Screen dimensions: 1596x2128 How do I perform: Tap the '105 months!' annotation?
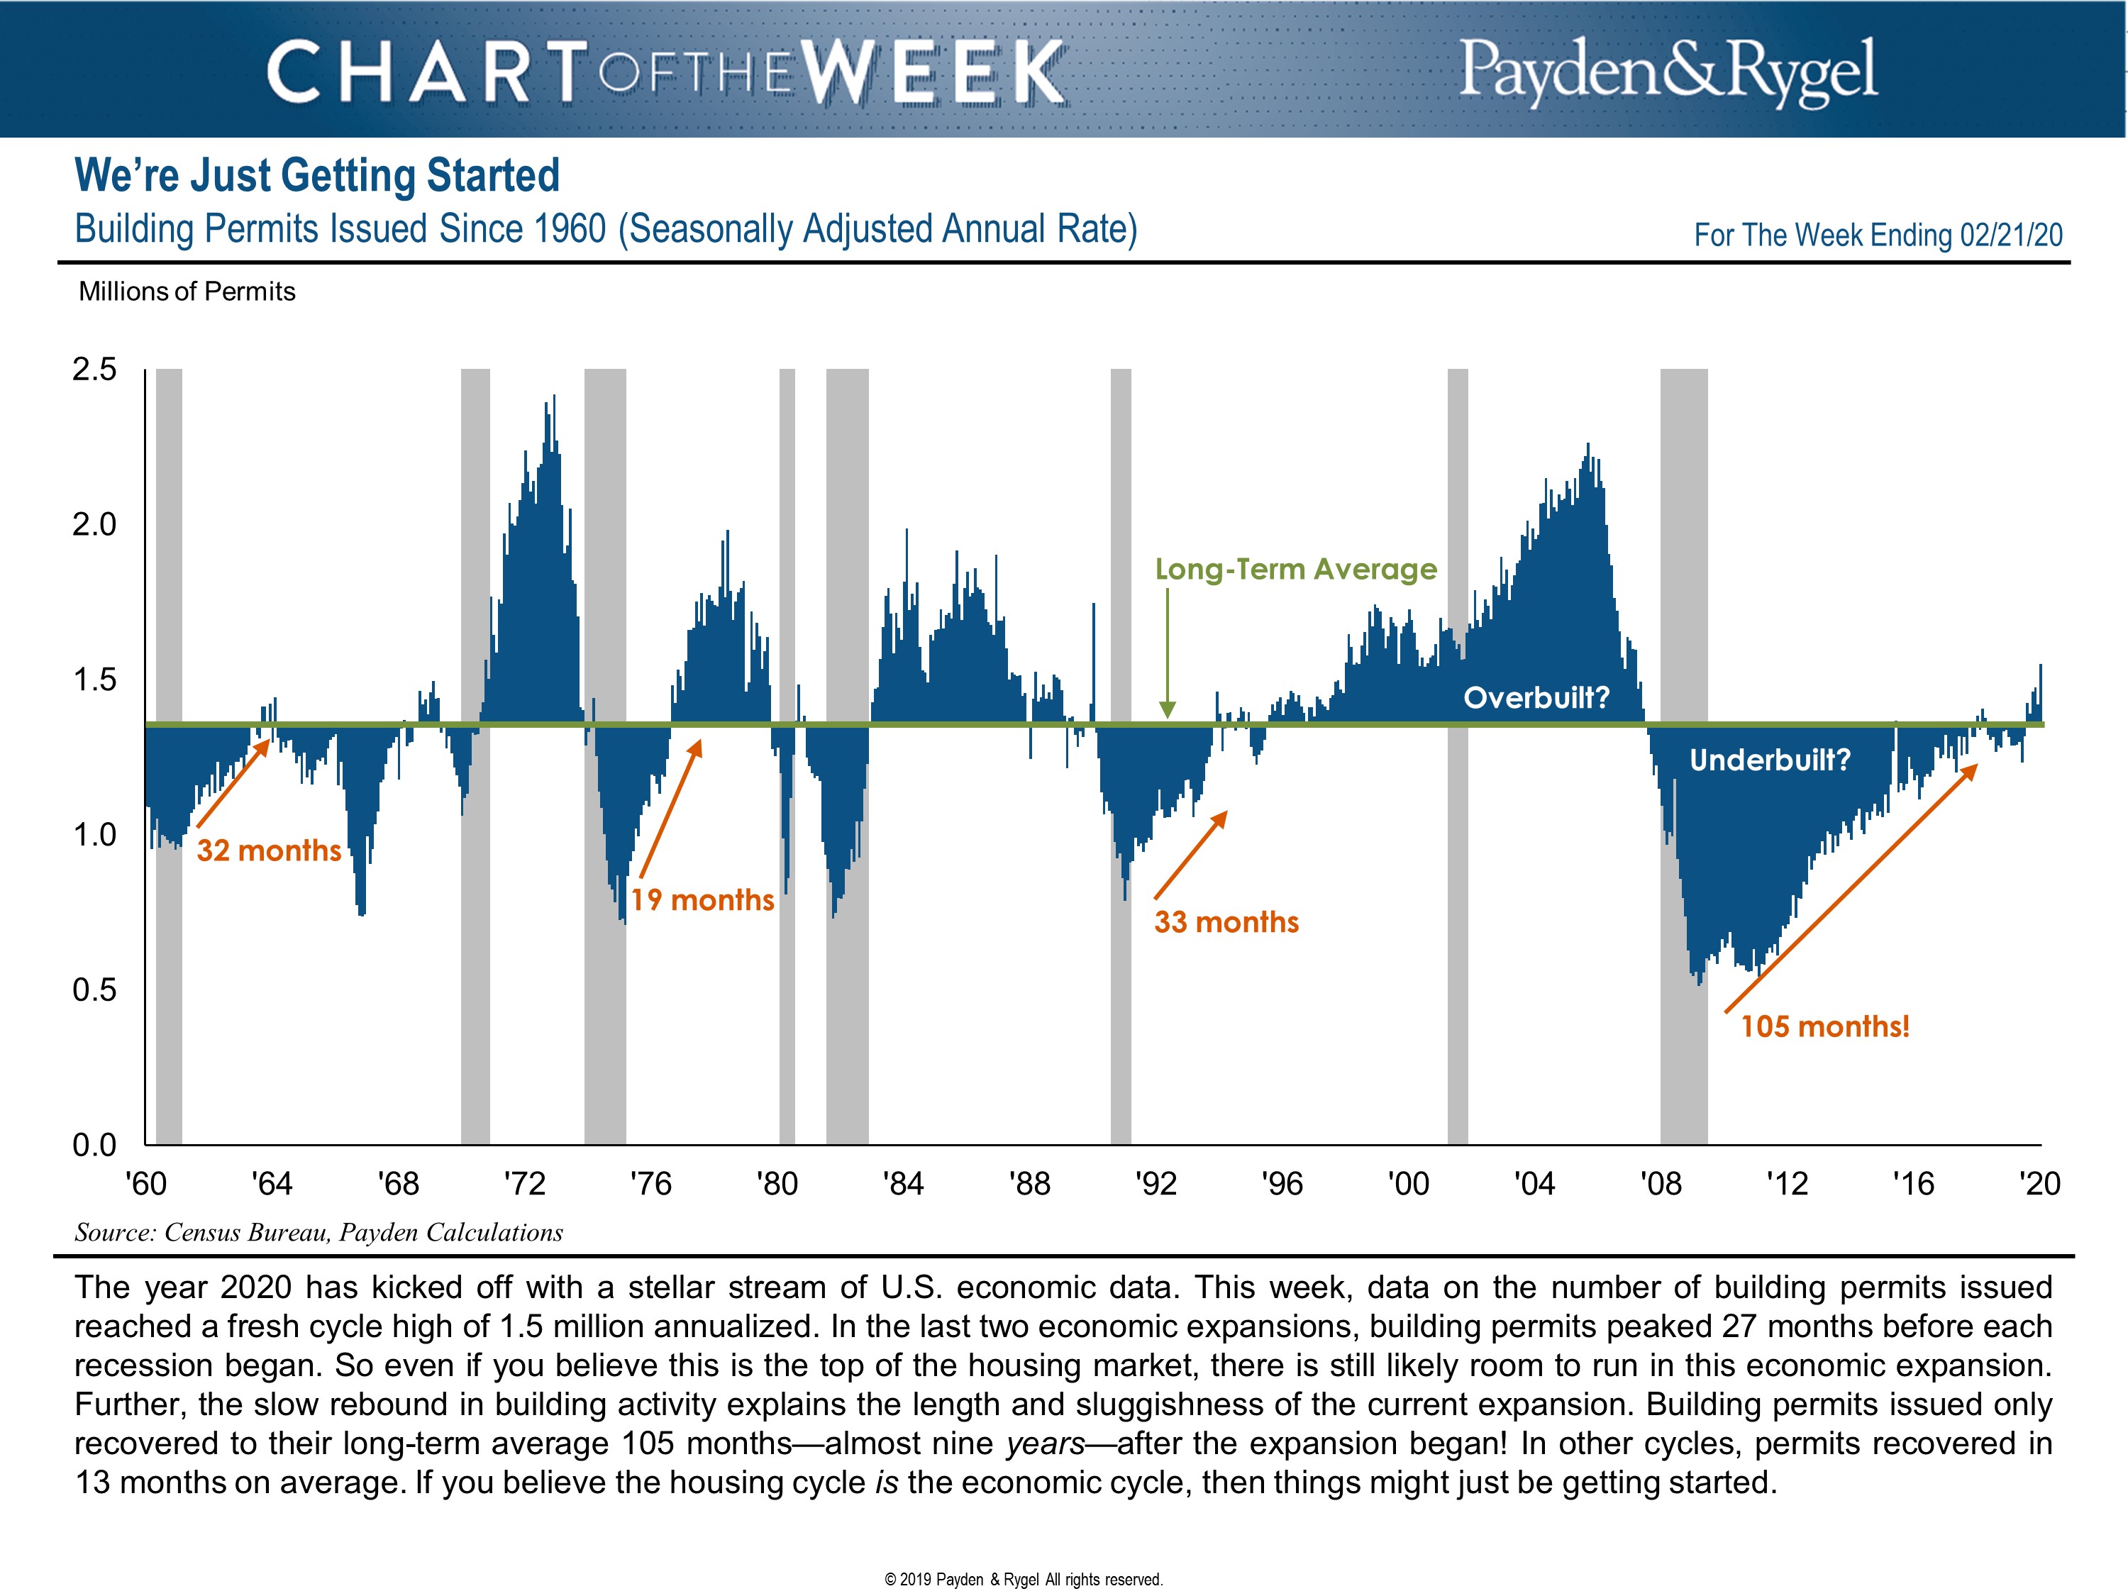click(1824, 1026)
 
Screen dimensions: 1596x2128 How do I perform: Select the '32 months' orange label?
click(268, 850)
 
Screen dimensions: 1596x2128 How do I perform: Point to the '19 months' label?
click(702, 900)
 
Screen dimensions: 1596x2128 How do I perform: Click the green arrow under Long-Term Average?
click(1167, 654)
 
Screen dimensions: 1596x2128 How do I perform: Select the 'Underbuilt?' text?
click(1769, 760)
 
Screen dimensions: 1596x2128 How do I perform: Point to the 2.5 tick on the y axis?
click(94, 370)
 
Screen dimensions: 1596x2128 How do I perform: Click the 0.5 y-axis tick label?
click(94, 990)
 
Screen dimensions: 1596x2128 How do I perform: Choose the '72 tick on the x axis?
click(524, 1183)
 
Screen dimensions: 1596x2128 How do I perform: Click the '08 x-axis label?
click(1661, 1183)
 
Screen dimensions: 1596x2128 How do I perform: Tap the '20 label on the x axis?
click(2039, 1183)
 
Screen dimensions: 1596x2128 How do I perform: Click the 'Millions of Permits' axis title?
click(187, 292)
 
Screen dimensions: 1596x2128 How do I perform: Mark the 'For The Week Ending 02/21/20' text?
click(1878, 235)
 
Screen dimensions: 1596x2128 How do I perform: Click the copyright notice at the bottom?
click(1024, 1580)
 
